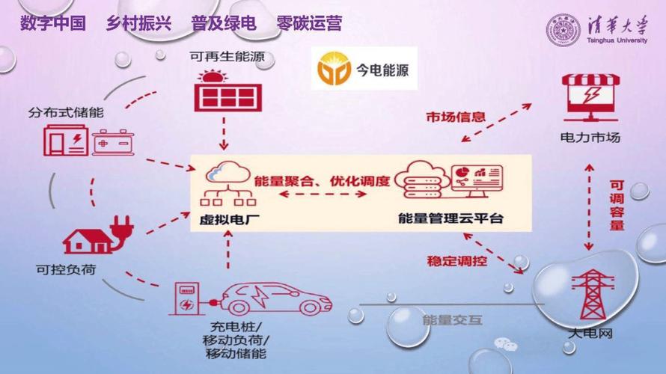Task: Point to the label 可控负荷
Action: coord(65,267)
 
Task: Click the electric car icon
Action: coord(278,297)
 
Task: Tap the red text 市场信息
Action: coord(456,117)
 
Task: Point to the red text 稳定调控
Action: coord(456,261)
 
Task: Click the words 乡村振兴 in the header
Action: coord(138,24)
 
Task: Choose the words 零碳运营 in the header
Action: coord(309,24)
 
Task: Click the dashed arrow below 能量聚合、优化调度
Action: coord(323,194)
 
